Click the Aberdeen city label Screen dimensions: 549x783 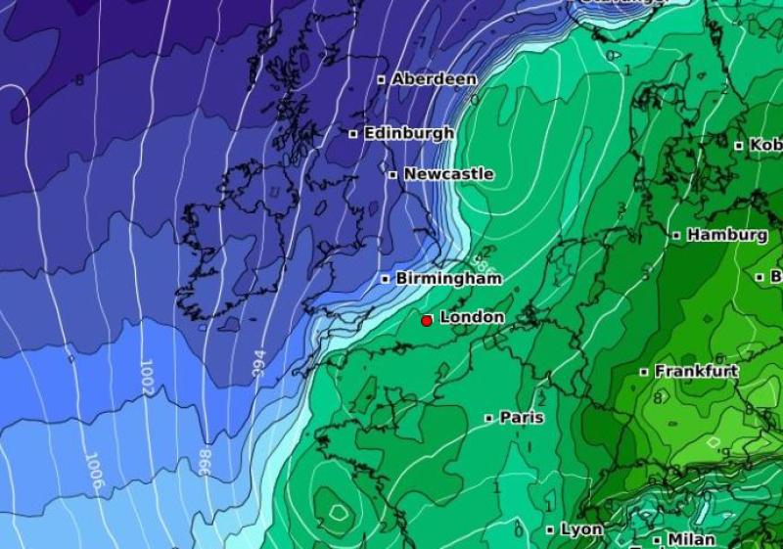[435, 79]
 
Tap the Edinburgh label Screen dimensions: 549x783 [408, 133]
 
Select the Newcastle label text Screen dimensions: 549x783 [448, 174]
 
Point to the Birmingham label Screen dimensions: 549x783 [448, 279]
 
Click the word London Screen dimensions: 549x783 [472, 317]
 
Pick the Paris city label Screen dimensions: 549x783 [522, 417]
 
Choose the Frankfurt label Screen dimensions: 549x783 [696, 372]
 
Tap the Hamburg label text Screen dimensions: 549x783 [726, 235]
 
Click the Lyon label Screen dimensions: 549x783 [581, 529]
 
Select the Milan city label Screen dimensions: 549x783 [691, 539]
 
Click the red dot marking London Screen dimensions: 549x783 [427, 320]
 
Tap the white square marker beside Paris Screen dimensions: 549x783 [489, 418]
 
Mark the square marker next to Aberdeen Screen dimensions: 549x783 [382, 79]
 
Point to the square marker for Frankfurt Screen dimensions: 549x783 [644, 372]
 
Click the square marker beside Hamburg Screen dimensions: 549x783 [676, 235]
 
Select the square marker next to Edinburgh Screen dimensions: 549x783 [353, 133]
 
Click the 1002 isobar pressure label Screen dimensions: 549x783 [148, 376]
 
